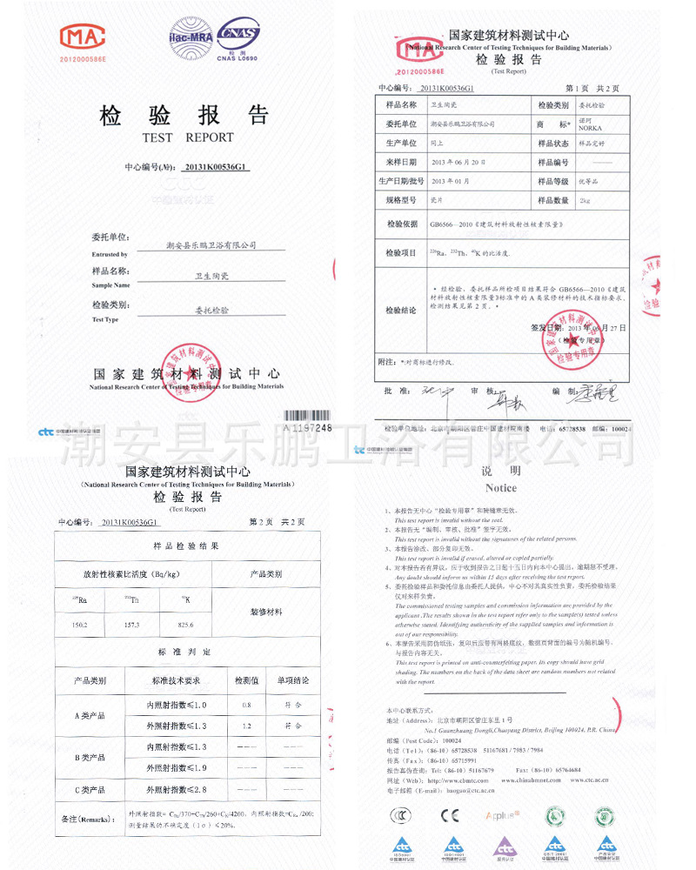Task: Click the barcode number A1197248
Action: pyautogui.click(x=308, y=428)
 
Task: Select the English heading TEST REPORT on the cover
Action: pyautogui.click(x=188, y=137)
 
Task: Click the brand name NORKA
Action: pyautogui.click(x=592, y=128)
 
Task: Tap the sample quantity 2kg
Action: pyautogui.click(x=585, y=201)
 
